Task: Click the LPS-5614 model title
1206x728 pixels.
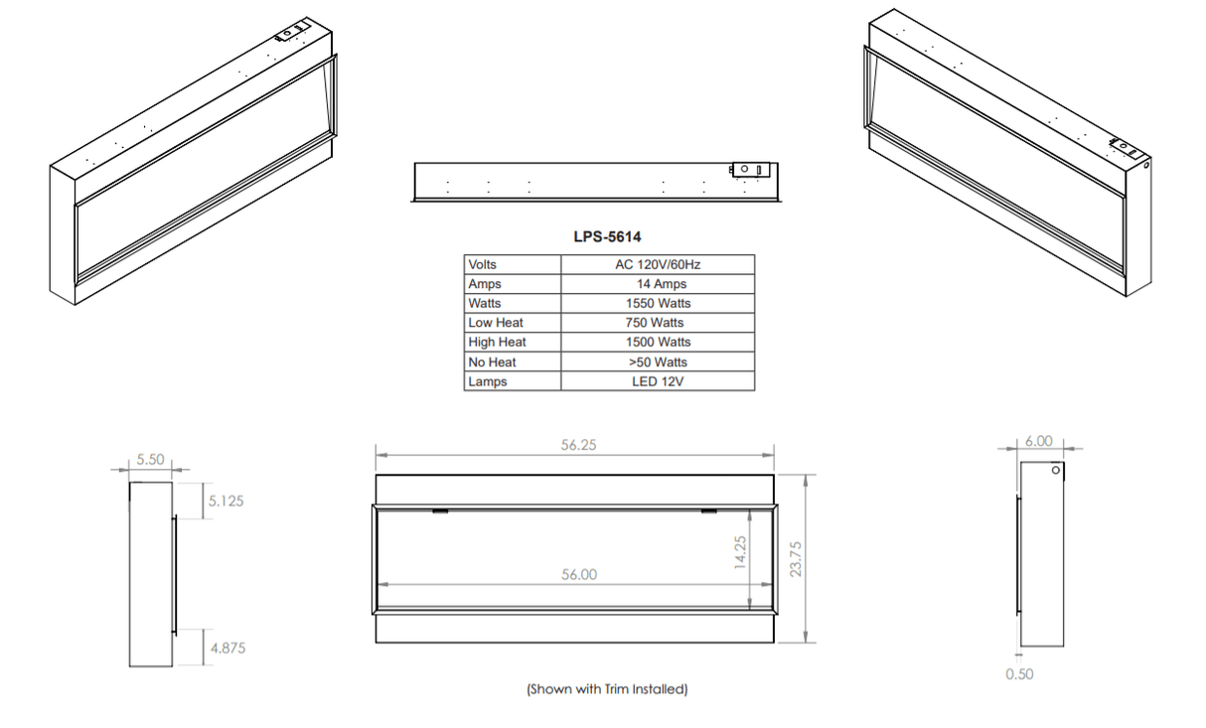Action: point(607,237)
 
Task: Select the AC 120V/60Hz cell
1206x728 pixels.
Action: point(658,265)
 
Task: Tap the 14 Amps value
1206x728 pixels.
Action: point(658,284)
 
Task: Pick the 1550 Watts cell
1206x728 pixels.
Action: point(658,303)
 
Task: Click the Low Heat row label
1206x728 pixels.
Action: point(496,323)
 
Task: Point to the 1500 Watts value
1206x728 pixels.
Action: point(658,342)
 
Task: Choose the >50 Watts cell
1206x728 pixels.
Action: point(658,362)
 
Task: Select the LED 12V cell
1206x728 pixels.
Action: point(658,381)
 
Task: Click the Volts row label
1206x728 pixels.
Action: point(483,265)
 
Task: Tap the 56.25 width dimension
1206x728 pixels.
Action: point(578,446)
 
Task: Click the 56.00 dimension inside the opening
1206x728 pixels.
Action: point(578,575)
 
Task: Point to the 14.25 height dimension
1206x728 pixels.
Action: point(739,554)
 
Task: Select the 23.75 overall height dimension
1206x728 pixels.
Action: point(795,557)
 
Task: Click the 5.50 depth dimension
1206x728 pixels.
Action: point(150,460)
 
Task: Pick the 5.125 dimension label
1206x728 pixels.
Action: point(226,502)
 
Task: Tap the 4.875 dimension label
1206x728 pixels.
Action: point(226,648)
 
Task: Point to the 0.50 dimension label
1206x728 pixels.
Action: point(1019,674)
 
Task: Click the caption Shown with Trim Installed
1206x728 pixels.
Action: point(606,688)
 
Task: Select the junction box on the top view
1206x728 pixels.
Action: point(749,170)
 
